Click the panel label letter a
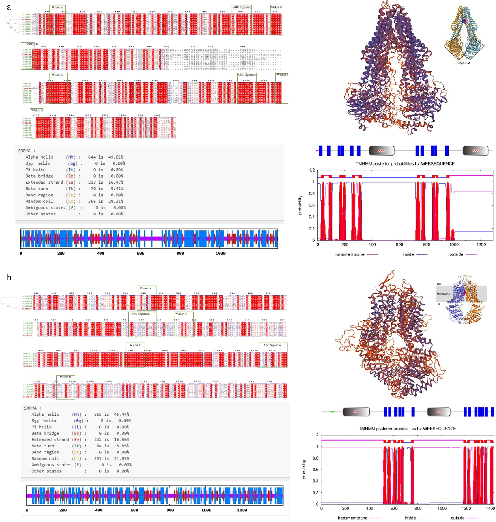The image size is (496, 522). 9,7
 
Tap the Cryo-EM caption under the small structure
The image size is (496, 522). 464,63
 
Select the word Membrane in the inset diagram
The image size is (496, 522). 443,294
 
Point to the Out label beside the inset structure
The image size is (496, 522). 439,284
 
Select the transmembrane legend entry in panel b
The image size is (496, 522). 352,518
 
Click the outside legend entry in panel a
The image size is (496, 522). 456,254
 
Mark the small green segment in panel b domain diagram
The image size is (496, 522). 332,412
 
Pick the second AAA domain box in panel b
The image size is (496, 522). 439,412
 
